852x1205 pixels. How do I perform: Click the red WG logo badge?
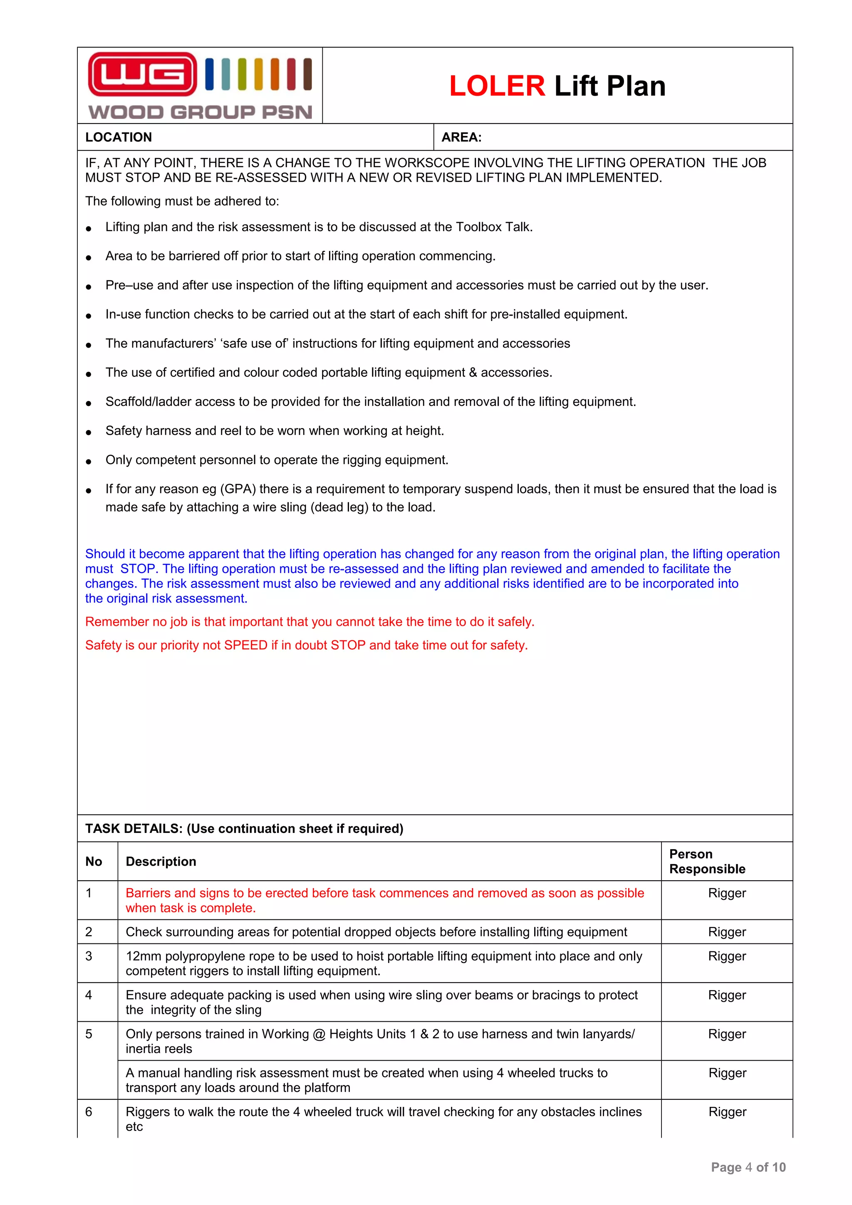[x=142, y=74]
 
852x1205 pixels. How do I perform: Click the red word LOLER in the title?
[x=497, y=86]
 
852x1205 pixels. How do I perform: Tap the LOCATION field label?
[x=119, y=138]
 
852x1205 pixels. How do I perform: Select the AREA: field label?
[x=461, y=138]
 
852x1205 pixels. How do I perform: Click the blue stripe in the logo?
[x=209, y=74]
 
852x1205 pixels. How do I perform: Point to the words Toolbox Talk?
[x=493, y=227]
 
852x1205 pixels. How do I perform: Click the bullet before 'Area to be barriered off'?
[x=89, y=257]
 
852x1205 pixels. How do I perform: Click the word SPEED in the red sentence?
[x=246, y=645]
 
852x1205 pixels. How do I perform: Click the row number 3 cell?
[x=89, y=956]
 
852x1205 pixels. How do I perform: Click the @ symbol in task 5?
[x=319, y=1034]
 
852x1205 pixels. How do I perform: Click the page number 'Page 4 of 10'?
[x=748, y=1167]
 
